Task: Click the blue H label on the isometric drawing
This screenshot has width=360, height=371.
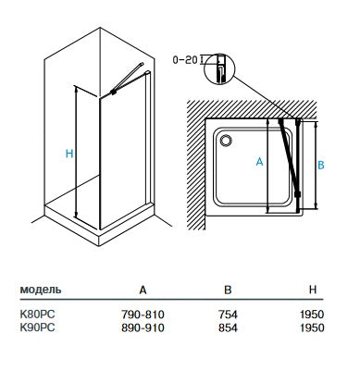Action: (69, 154)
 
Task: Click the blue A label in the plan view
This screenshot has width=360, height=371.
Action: (260, 161)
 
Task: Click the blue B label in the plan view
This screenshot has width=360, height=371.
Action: (321, 165)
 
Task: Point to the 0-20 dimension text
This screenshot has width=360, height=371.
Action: (185, 59)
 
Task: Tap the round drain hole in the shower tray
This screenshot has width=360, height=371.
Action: (226, 140)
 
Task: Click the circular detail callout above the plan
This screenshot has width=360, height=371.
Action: (219, 68)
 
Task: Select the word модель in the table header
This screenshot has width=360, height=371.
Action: (41, 290)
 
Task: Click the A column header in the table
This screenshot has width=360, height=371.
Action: (143, 290)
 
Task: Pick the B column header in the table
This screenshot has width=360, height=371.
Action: (228, 290)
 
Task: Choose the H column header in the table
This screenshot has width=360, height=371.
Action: (313, 290)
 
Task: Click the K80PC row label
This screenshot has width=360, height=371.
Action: (37, 315)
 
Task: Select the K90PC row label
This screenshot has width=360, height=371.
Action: (37, 328)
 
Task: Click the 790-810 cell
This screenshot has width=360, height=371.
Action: (143, 315)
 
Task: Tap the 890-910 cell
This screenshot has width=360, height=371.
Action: (143, 328)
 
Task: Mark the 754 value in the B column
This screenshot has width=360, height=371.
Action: (228, 315)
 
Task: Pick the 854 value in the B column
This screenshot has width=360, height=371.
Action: (228, 328)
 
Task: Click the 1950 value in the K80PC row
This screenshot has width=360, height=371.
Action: (312, 315)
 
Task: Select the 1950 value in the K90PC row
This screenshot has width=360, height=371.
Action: (312, 328)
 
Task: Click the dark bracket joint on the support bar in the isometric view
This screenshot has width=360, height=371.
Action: (114, 92)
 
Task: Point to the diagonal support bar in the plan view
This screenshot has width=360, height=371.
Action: (289, 157)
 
